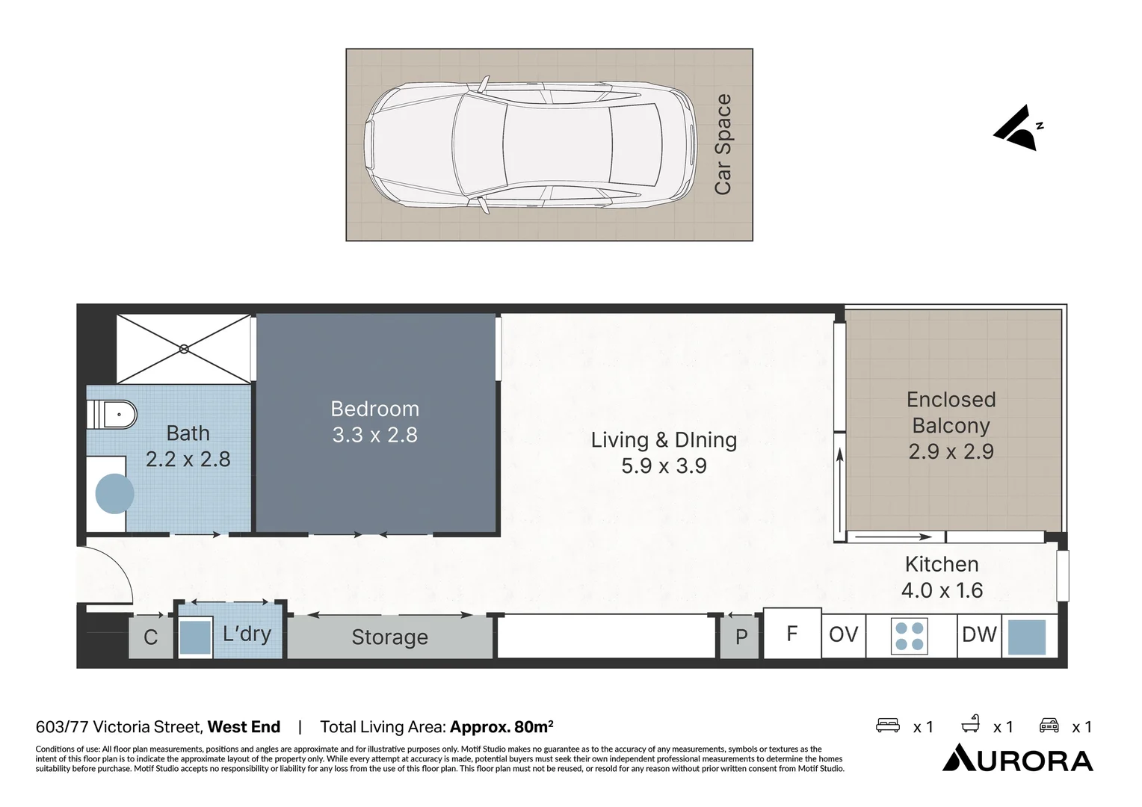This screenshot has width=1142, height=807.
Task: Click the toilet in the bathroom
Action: click(111, 415)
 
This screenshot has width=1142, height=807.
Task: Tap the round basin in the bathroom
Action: click(114, 493)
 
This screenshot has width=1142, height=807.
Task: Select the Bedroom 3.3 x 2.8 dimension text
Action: click(374, 435)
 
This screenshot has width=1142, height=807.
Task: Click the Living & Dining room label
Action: click(664, 440)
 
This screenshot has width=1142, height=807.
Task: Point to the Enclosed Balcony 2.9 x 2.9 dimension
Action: click(951, 451)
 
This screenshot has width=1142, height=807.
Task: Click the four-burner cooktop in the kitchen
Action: click(909, 636)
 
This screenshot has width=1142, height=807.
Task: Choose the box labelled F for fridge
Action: click(792, 633)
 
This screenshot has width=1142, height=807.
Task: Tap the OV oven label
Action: click(843, 634)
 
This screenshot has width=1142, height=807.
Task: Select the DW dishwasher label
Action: click(979, 634)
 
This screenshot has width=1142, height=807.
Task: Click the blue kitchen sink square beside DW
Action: click(1027, 637)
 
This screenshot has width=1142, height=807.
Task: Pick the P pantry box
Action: click(741, 637)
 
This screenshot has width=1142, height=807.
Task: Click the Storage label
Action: click(390, 637)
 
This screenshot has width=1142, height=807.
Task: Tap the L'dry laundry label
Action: click(247, 634)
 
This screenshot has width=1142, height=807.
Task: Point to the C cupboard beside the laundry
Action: click(151, 637)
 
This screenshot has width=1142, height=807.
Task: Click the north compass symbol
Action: click(1018, 128)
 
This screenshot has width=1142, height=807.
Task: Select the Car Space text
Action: click(723, 144)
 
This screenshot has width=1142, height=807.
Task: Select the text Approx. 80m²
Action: click(501, 726)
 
